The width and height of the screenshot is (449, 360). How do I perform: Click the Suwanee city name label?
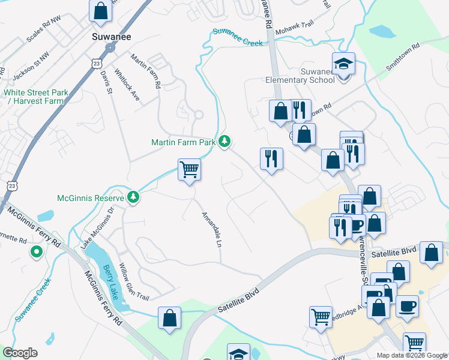[111, 36]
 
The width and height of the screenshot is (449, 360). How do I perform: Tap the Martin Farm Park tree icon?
[225, 142]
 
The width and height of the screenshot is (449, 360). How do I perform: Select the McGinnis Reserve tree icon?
[133, 197]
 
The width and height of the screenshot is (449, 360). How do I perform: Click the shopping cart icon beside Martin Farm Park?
[189, 170]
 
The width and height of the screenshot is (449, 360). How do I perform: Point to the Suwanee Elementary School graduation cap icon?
[343, 63]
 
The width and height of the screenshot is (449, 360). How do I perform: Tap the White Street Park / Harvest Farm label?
[35, 97]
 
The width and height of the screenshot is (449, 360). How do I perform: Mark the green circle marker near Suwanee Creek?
[36, 253]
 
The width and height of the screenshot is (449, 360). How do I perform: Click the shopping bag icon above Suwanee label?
[101, 10]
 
